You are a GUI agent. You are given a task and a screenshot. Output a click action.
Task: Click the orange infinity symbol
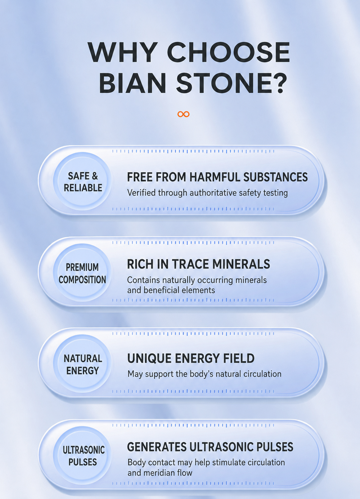coord(183,114)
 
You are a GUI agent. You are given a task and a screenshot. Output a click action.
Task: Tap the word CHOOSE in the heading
coord(229,52)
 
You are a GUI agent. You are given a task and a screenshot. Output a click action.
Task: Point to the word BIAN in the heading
coord(132,83)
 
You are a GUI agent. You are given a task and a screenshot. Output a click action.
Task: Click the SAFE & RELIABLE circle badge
coord(82,181)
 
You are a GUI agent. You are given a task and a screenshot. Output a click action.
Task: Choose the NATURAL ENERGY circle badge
coord(82,364)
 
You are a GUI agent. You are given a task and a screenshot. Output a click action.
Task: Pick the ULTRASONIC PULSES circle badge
coord(82,455)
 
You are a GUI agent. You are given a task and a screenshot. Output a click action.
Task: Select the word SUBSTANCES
coord(275,177)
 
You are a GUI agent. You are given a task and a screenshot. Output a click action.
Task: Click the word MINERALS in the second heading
coord(241,264)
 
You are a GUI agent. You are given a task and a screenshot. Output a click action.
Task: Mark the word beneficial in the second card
coord(165,290)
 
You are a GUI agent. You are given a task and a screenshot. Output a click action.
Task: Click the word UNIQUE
coord(149,358)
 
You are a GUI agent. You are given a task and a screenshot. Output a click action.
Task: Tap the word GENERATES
coord(157,447)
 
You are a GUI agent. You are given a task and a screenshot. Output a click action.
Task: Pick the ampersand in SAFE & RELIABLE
coord(95,176)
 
